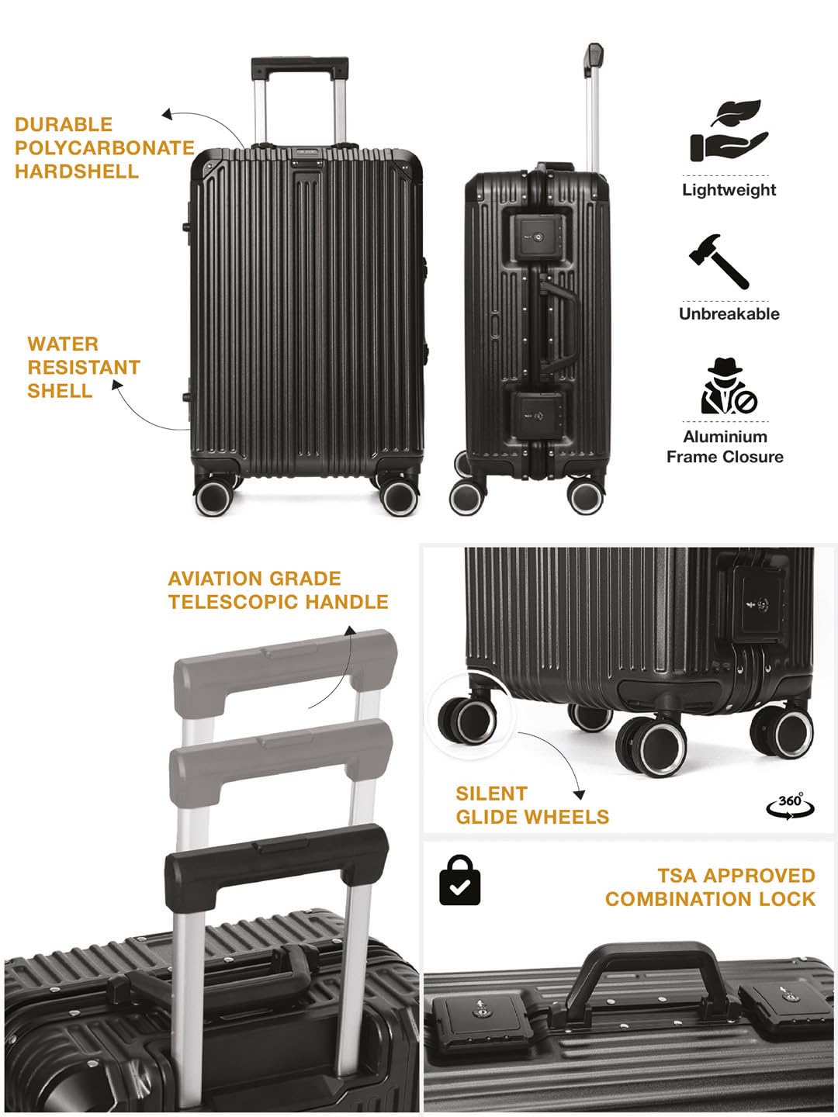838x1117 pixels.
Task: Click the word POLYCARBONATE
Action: (104, 147)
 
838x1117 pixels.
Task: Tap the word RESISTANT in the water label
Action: (84, 368)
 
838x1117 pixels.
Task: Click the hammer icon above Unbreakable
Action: (719, 261)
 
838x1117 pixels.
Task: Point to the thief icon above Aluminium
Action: (729, 386)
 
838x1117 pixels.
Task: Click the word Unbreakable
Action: (729, 313)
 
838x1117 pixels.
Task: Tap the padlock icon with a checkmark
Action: (459, 880)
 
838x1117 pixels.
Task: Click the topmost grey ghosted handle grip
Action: (286, 666)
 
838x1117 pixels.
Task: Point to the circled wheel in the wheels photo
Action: (468, 720)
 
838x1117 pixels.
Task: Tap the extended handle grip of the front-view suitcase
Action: (300, 67)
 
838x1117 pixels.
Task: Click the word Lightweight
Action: (729, 190)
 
